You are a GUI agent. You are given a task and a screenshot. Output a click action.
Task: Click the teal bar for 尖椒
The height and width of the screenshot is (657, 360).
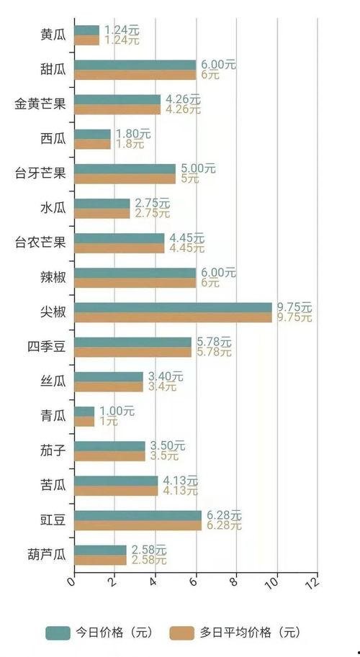pyautogui.click(x=173, y=307)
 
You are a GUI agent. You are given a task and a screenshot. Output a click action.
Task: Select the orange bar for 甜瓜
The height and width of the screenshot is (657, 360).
pyautogui.click(x=135, y=75)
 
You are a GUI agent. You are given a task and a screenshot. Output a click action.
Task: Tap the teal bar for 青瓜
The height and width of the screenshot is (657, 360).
pyautogui.click(x=84, y=411)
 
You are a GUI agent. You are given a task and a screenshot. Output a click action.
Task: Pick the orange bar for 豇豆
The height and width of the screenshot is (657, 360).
pyautogui.click(x=138, y=525)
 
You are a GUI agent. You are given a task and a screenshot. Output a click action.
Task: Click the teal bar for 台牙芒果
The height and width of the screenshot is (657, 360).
pyautogui.click(x=125, y=169)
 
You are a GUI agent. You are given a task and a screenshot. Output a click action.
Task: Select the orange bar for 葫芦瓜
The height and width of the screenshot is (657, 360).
pyautogui.click(x=100, y=560)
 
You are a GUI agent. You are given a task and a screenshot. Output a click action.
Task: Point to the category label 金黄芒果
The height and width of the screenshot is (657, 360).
pyautogui.click(x=40, y=104)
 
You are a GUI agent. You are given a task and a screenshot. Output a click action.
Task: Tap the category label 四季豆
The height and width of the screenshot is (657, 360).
pyautogui.click(x=46, y=347)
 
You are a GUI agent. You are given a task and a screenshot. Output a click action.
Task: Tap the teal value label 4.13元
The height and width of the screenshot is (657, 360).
pyautogui.click(x=174, y=480)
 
